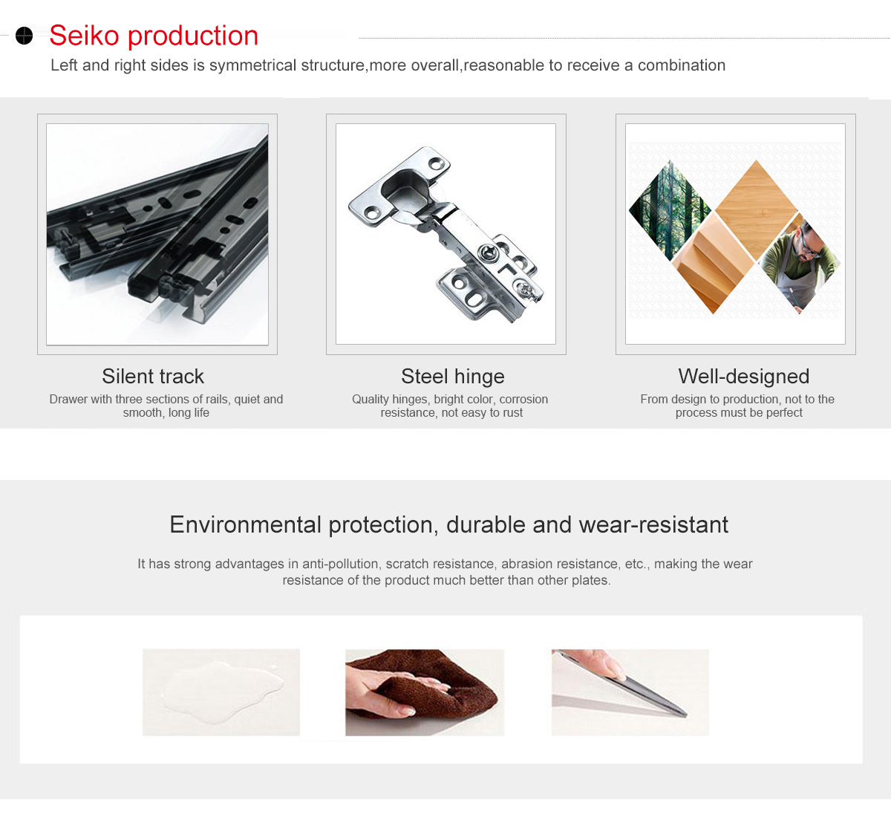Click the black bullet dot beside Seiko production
click(x=25, y=36)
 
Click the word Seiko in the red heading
click(x=84, y=36)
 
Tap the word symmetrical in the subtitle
click(x=252, y=65)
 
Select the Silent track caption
click(x=152, y=376)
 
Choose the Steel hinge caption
click(x=453, y=376)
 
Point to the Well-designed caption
click(x=743, y=376)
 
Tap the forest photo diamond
click(x=670, y=210)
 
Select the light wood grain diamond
click(x=757, y=210)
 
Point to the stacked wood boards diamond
click(x=714, y=264)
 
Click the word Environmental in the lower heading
click(x=246, y=524)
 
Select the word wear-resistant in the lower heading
click(x=653, y=524)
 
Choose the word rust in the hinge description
click(x=513, y=412)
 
